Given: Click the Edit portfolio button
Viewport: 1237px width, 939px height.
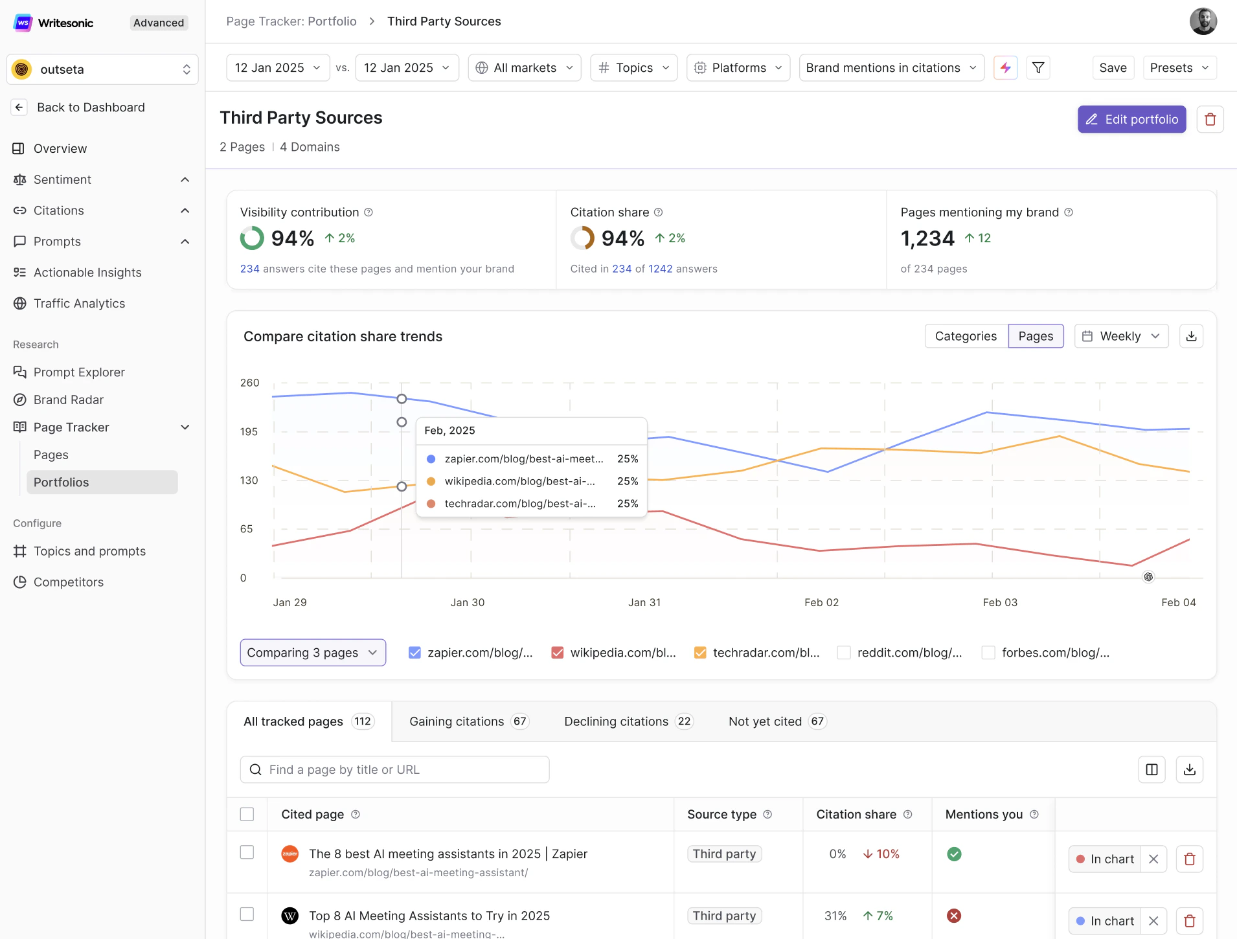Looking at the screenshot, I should [x=1131, y=119].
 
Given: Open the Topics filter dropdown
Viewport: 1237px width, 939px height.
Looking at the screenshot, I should [x=633, y=68].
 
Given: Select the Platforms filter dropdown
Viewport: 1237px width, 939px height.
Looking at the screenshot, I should [x=738, y=68].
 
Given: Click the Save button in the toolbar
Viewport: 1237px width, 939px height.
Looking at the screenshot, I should [x=1113, y=68].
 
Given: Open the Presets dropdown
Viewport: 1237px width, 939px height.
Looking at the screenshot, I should [x=1179, y=68].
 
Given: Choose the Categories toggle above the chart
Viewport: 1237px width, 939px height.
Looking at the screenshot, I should [x=966, y=336].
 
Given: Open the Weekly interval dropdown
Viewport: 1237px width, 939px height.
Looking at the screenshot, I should [x=1121, y=336].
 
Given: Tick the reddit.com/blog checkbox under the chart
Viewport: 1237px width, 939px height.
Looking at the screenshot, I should [x=844, y=653].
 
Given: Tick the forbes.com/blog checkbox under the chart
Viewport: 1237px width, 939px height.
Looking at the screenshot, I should [x=988, y=653].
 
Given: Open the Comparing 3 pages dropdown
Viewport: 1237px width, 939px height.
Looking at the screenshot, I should [x=313, y=653].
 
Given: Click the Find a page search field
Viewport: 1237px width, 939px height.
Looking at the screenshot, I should [x=395, y=769].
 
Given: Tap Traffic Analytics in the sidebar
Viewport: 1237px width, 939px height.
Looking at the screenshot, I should [x=79, y=304].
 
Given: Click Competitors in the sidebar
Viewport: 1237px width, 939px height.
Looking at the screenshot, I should [x=68, y=582].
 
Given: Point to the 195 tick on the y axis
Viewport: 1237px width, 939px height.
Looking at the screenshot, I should [x=249, y=432].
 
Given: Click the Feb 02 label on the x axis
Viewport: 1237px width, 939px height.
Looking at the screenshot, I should [x=821, y=602].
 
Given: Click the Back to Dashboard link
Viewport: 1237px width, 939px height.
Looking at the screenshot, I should [x=91, y=107].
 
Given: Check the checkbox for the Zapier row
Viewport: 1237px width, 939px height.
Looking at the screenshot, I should [x=247, y=852].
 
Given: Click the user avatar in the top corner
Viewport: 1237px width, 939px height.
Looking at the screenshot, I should [x=1203, y=21].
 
